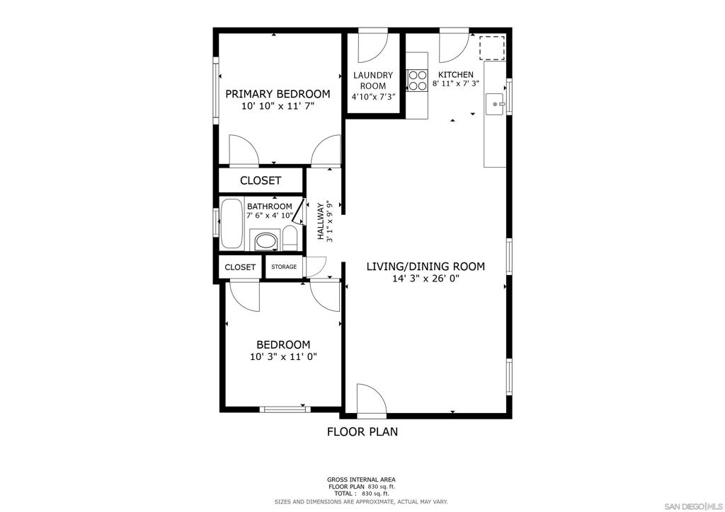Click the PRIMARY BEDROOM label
[278, 94]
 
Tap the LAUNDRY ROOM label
[372, 81]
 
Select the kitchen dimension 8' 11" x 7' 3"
[455, 83]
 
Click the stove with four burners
[417, 80]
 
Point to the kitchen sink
[495, 104]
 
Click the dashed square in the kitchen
[491, 48]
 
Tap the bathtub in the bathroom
[232, 223]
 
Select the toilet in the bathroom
[290, 238]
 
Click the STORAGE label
[284, 267]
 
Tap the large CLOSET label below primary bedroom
[261, 180]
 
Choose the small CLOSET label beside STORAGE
[240, 267]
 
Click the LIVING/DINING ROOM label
[426, 267]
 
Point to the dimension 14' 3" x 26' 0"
[426, 279]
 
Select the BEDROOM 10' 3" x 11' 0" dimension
[283, 357]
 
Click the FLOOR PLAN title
[362, 431]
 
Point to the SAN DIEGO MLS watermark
[693, 504]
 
